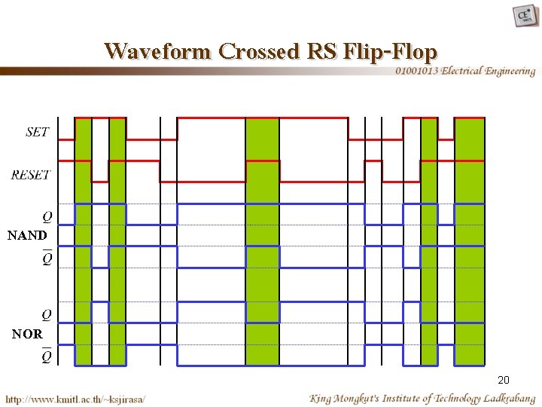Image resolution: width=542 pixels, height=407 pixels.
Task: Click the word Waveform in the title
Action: (159, 51)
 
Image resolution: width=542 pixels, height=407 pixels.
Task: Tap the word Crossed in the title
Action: (259, 51)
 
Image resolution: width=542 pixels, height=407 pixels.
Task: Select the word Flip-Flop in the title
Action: (389, 51)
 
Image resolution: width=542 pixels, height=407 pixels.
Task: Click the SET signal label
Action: (37, 132)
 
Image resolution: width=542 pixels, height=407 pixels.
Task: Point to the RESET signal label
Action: (31, 175)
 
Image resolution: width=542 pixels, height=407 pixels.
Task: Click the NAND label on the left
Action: (27, 235)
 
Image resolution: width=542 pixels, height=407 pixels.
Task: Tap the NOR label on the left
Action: (27, 333)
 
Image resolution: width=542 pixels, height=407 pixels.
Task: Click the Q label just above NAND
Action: (47, 216)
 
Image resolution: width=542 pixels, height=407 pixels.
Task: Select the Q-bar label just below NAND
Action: (47, 259)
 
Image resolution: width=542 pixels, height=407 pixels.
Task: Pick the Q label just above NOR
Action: (47, 314)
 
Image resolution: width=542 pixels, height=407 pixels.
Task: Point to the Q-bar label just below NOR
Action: (47, 356)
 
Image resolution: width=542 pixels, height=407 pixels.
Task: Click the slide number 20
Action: (504, 380)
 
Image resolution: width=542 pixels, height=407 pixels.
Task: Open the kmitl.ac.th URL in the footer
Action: (75, 398)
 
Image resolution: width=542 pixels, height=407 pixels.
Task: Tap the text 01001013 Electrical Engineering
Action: (465, 71)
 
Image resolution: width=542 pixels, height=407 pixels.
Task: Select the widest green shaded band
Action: (262, 241)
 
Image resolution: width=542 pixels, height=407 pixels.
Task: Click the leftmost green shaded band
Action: (83, 241)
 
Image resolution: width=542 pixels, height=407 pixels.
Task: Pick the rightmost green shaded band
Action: (470, 241)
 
